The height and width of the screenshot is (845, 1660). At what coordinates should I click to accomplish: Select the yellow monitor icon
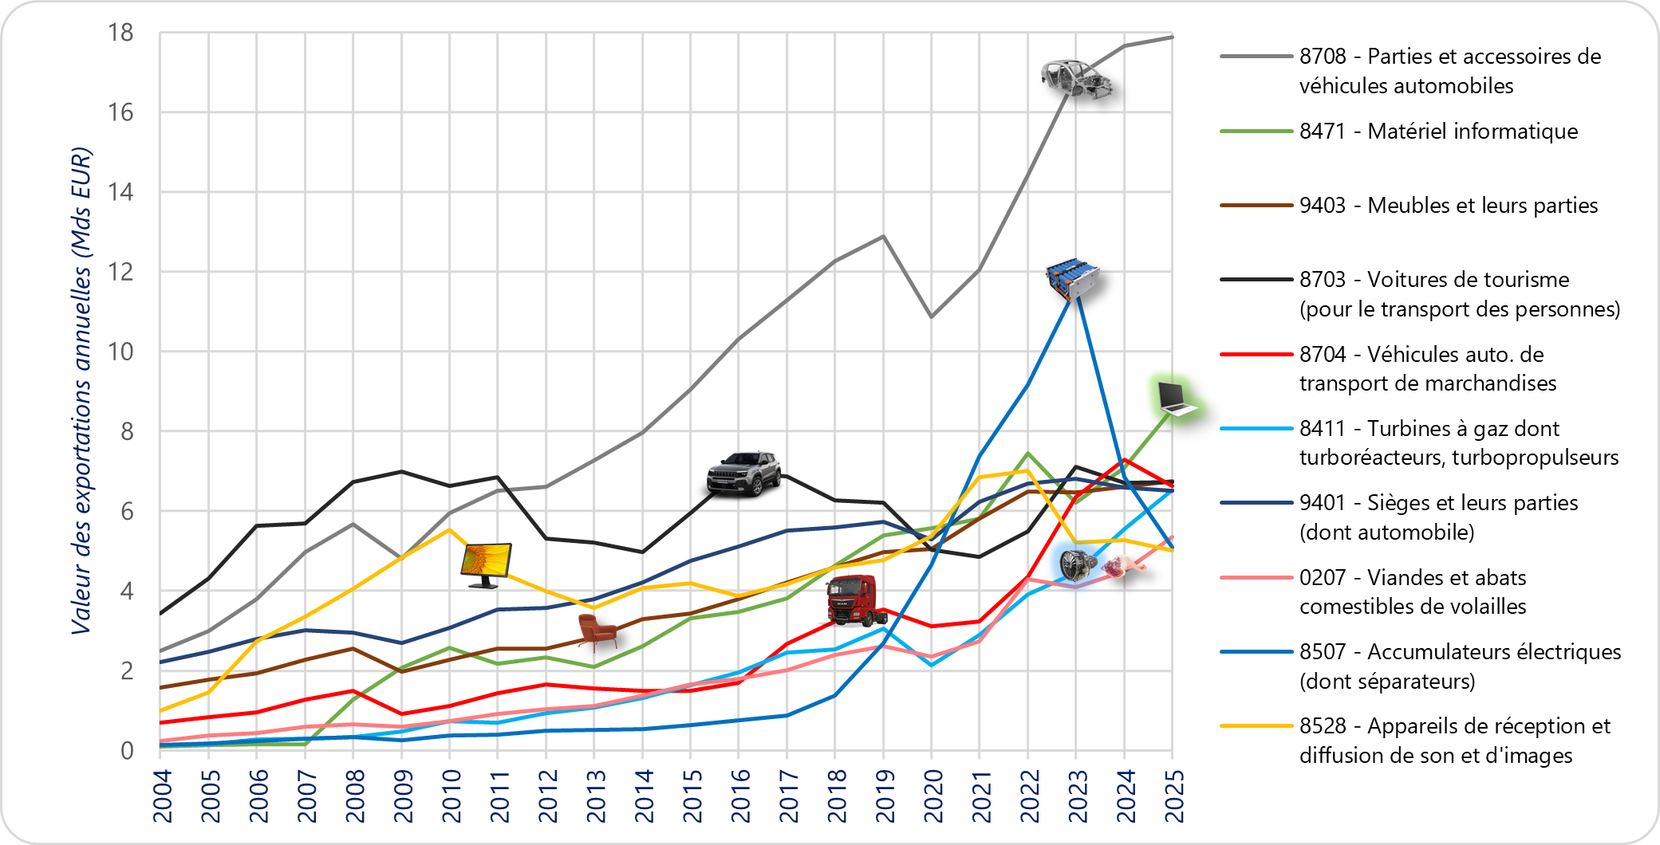coord(486,565)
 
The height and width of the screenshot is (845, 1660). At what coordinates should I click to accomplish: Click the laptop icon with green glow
coord(1177,399)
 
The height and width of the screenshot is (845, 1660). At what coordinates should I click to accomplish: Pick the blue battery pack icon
coord(1072,279)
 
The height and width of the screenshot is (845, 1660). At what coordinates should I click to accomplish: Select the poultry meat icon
coord(1125,567)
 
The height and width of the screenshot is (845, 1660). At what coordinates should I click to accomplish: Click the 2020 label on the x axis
coord(932,796)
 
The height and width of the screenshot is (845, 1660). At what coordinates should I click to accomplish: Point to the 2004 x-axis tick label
coord(162,796)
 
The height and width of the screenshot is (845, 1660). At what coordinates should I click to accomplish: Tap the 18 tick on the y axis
coord(121,33)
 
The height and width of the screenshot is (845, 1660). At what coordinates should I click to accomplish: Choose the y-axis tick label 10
coord(121,352)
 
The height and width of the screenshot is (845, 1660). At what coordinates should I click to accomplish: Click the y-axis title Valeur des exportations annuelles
coord(81,391)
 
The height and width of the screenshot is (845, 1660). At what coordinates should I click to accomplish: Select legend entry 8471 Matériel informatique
coord(1437,132)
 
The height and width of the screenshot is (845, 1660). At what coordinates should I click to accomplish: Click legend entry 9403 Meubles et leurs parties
coord(1448,206)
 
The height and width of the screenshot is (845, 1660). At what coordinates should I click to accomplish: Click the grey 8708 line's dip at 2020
coord(931,317)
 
